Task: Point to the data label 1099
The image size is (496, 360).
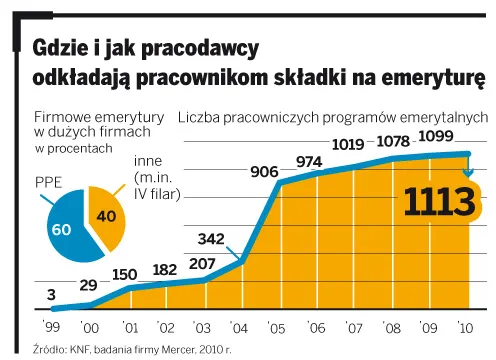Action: (435, 139)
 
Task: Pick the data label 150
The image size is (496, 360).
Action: (125, 275)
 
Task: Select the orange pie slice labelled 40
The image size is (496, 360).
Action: (104, 214)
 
